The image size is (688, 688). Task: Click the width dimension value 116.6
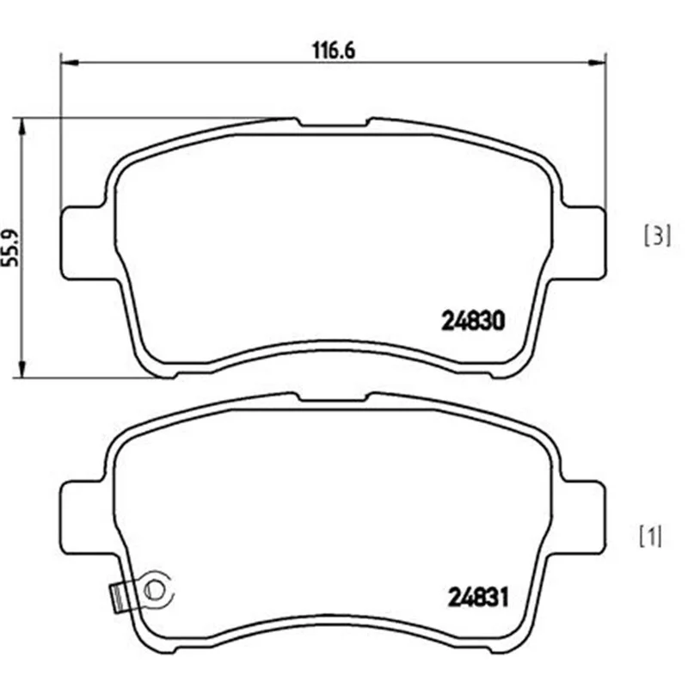333,51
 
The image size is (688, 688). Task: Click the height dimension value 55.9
11,248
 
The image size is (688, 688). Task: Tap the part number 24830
473,321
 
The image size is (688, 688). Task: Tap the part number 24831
478,597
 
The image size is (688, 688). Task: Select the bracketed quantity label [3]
657,235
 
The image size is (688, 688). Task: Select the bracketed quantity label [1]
650,536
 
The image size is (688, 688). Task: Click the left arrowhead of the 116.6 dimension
69,63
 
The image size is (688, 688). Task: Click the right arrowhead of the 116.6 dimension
597,63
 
